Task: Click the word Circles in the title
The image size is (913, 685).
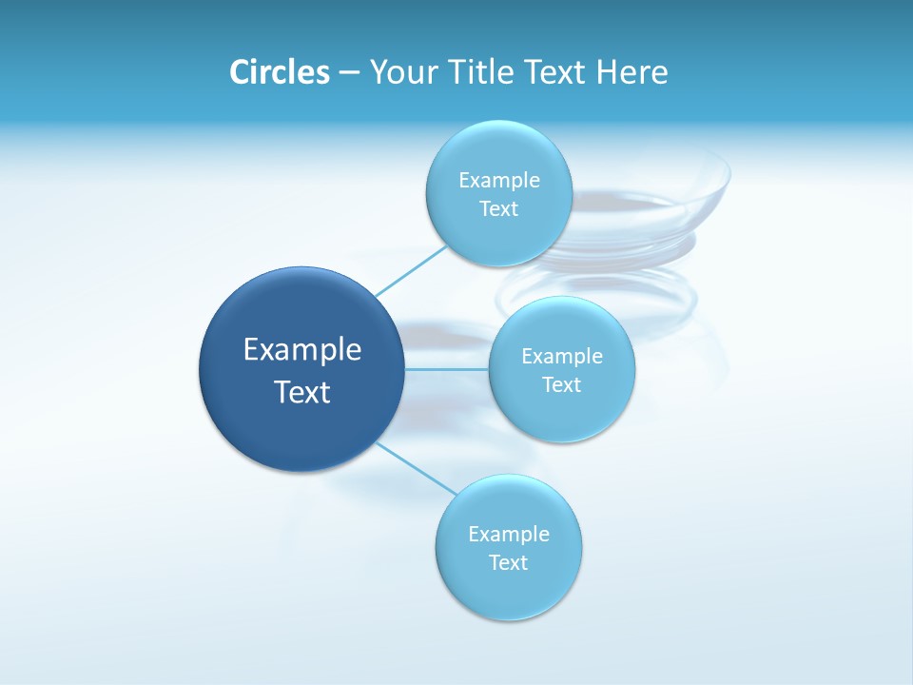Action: click(x=279, y=72)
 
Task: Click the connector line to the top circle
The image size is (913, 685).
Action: click(x=411, y=270)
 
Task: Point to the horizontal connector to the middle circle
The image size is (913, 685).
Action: click(x=446, y=369)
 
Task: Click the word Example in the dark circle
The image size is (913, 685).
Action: click(x=302, y=350)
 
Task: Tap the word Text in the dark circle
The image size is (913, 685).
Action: click(x=302, y=392)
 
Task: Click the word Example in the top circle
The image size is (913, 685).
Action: click(x=499, y=181)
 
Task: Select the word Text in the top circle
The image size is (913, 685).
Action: click(x=499, y=209)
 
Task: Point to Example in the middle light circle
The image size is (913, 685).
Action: click(x=562, y=357)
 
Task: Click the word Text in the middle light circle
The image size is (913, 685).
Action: click(x=562, y=385)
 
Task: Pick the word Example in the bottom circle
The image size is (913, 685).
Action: click(x=509, y=535)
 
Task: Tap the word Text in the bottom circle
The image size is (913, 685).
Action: click(x=509, y=563)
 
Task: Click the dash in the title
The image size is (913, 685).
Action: click(x=348, y=73)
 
